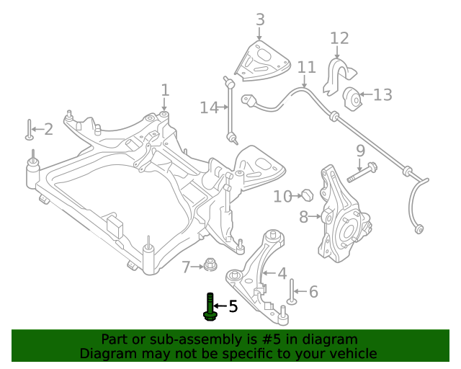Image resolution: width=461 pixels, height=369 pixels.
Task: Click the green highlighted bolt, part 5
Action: [x=210, y=307]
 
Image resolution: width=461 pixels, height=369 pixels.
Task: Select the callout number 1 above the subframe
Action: [x=165, y=90]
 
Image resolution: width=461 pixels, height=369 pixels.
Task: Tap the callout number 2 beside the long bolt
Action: [x=48, y=130]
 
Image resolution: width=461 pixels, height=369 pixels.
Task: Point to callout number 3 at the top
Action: [x=260, y=19]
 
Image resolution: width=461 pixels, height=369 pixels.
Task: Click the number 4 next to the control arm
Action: [x=282, y=273]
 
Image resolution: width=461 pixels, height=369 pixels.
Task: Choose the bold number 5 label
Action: [x=233, y=307]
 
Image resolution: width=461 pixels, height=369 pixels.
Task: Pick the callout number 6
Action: [x=313, y=291]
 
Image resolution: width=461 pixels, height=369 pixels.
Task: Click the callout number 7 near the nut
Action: [x=187, y=267]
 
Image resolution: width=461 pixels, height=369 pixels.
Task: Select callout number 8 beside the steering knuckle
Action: [x=303, y=215]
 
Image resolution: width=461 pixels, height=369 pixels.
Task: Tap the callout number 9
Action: [x=360, y=151]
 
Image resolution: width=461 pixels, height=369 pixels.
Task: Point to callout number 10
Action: [x=282, y=195]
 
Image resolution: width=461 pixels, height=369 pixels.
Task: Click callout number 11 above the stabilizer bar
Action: [x=307, y=68]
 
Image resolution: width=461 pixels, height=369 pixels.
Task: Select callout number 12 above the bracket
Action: [x=339, y=37]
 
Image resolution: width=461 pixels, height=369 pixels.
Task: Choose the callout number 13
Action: [x=382, y=94]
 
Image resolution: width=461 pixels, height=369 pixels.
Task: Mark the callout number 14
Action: [x=208, y=107]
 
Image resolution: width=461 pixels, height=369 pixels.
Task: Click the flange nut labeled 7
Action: [x=210, y=265]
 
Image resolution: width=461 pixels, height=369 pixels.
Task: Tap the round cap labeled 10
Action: [x=306, y=195]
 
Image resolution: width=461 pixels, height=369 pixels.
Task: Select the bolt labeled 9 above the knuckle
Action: [x=362, y=173]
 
